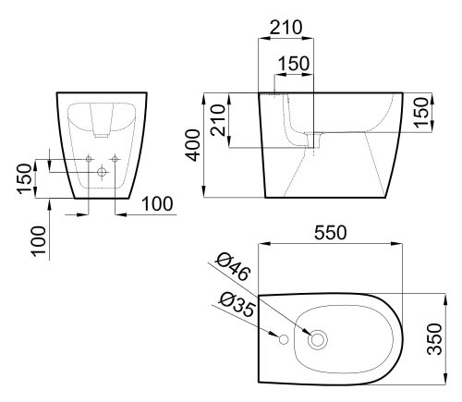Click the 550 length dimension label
click(x=330, y=233)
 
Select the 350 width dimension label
click(x=435, y=339)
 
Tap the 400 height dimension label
click(x=193, y=145)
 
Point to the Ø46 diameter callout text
click(x=232, y=267)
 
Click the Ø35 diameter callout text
click(x=237, y=305)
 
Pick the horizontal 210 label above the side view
click(x=286, y=28)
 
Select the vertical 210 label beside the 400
click(x=218, y=120)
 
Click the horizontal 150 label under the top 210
click(x=294, y=64)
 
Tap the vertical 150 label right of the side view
click(x=421, y=112)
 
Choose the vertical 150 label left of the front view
click(x=24, y=179)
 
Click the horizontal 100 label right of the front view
click(x=157, y=203)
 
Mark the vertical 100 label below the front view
click(x=39, y=240)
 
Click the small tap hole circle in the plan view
click(x=284, y=339)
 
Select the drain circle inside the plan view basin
click(x=318, y=339)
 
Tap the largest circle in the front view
click(x=102, y=172)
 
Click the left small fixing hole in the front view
click(x=89, y=159)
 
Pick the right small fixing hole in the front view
click(x=115, y=159)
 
